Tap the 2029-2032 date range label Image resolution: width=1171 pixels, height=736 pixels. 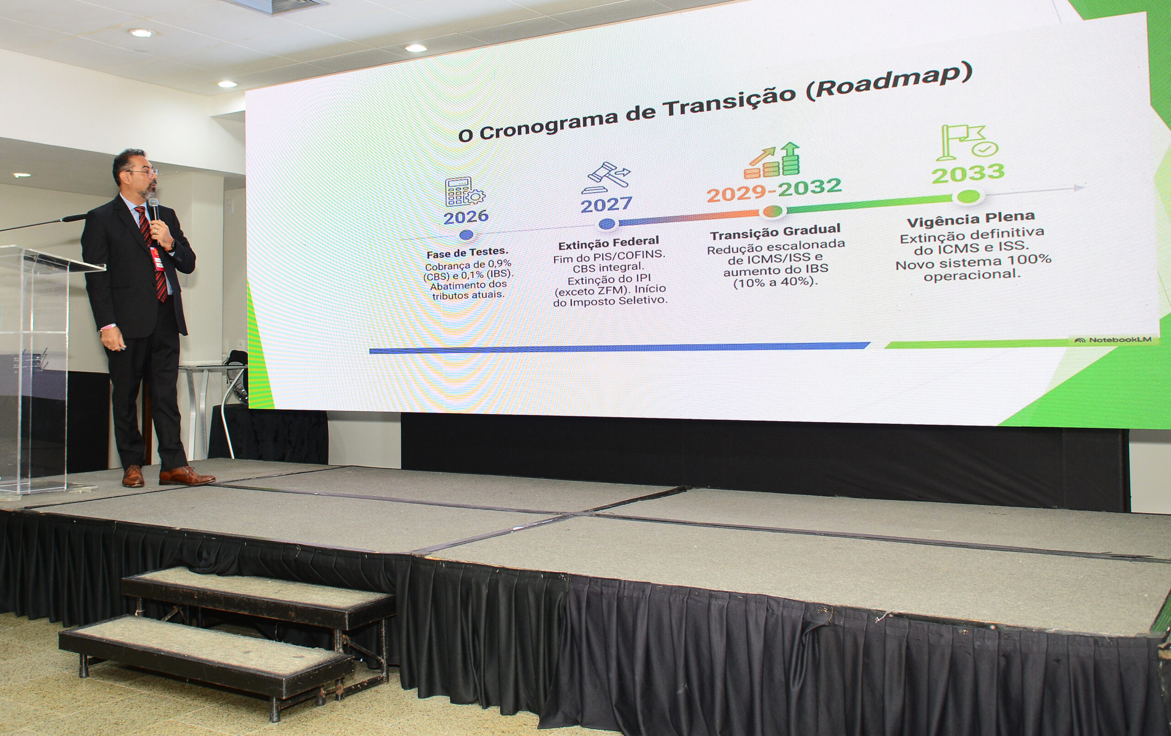[773, 189]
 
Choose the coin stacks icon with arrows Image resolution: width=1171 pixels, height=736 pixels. [772, 161]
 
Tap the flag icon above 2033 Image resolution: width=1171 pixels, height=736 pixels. [967, 142]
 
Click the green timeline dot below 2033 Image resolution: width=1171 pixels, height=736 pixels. [968, 196]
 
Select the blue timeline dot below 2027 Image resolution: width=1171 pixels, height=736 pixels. [607, 224]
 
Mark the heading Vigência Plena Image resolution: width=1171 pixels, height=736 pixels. [971, 219]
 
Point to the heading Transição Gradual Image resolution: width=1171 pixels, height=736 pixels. [775, 232]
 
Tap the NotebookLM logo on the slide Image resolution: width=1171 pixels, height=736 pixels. [1112, 340]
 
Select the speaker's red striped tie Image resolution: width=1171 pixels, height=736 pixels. [152, 253]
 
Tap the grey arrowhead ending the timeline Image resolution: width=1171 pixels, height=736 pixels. [1079, 188]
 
